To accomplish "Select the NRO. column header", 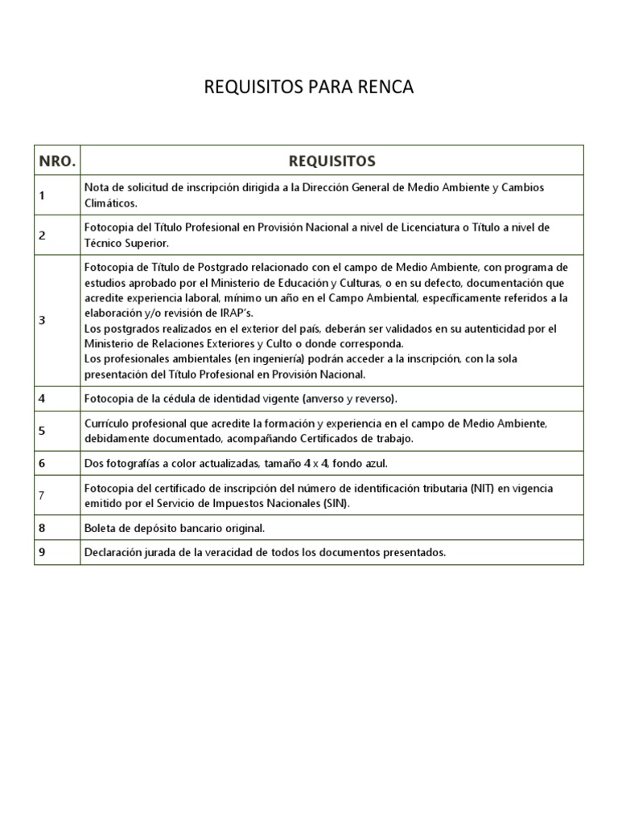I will click(57, 161).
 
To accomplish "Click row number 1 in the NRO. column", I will click(42, 195).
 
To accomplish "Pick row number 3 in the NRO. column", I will click(42, 320).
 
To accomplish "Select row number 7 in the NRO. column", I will click(42, 495).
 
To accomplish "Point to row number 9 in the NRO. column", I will click(42, 552).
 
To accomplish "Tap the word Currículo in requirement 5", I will click(108, 422).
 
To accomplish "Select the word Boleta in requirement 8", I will click(101, 528).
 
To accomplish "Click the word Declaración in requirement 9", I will click(114, 552).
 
